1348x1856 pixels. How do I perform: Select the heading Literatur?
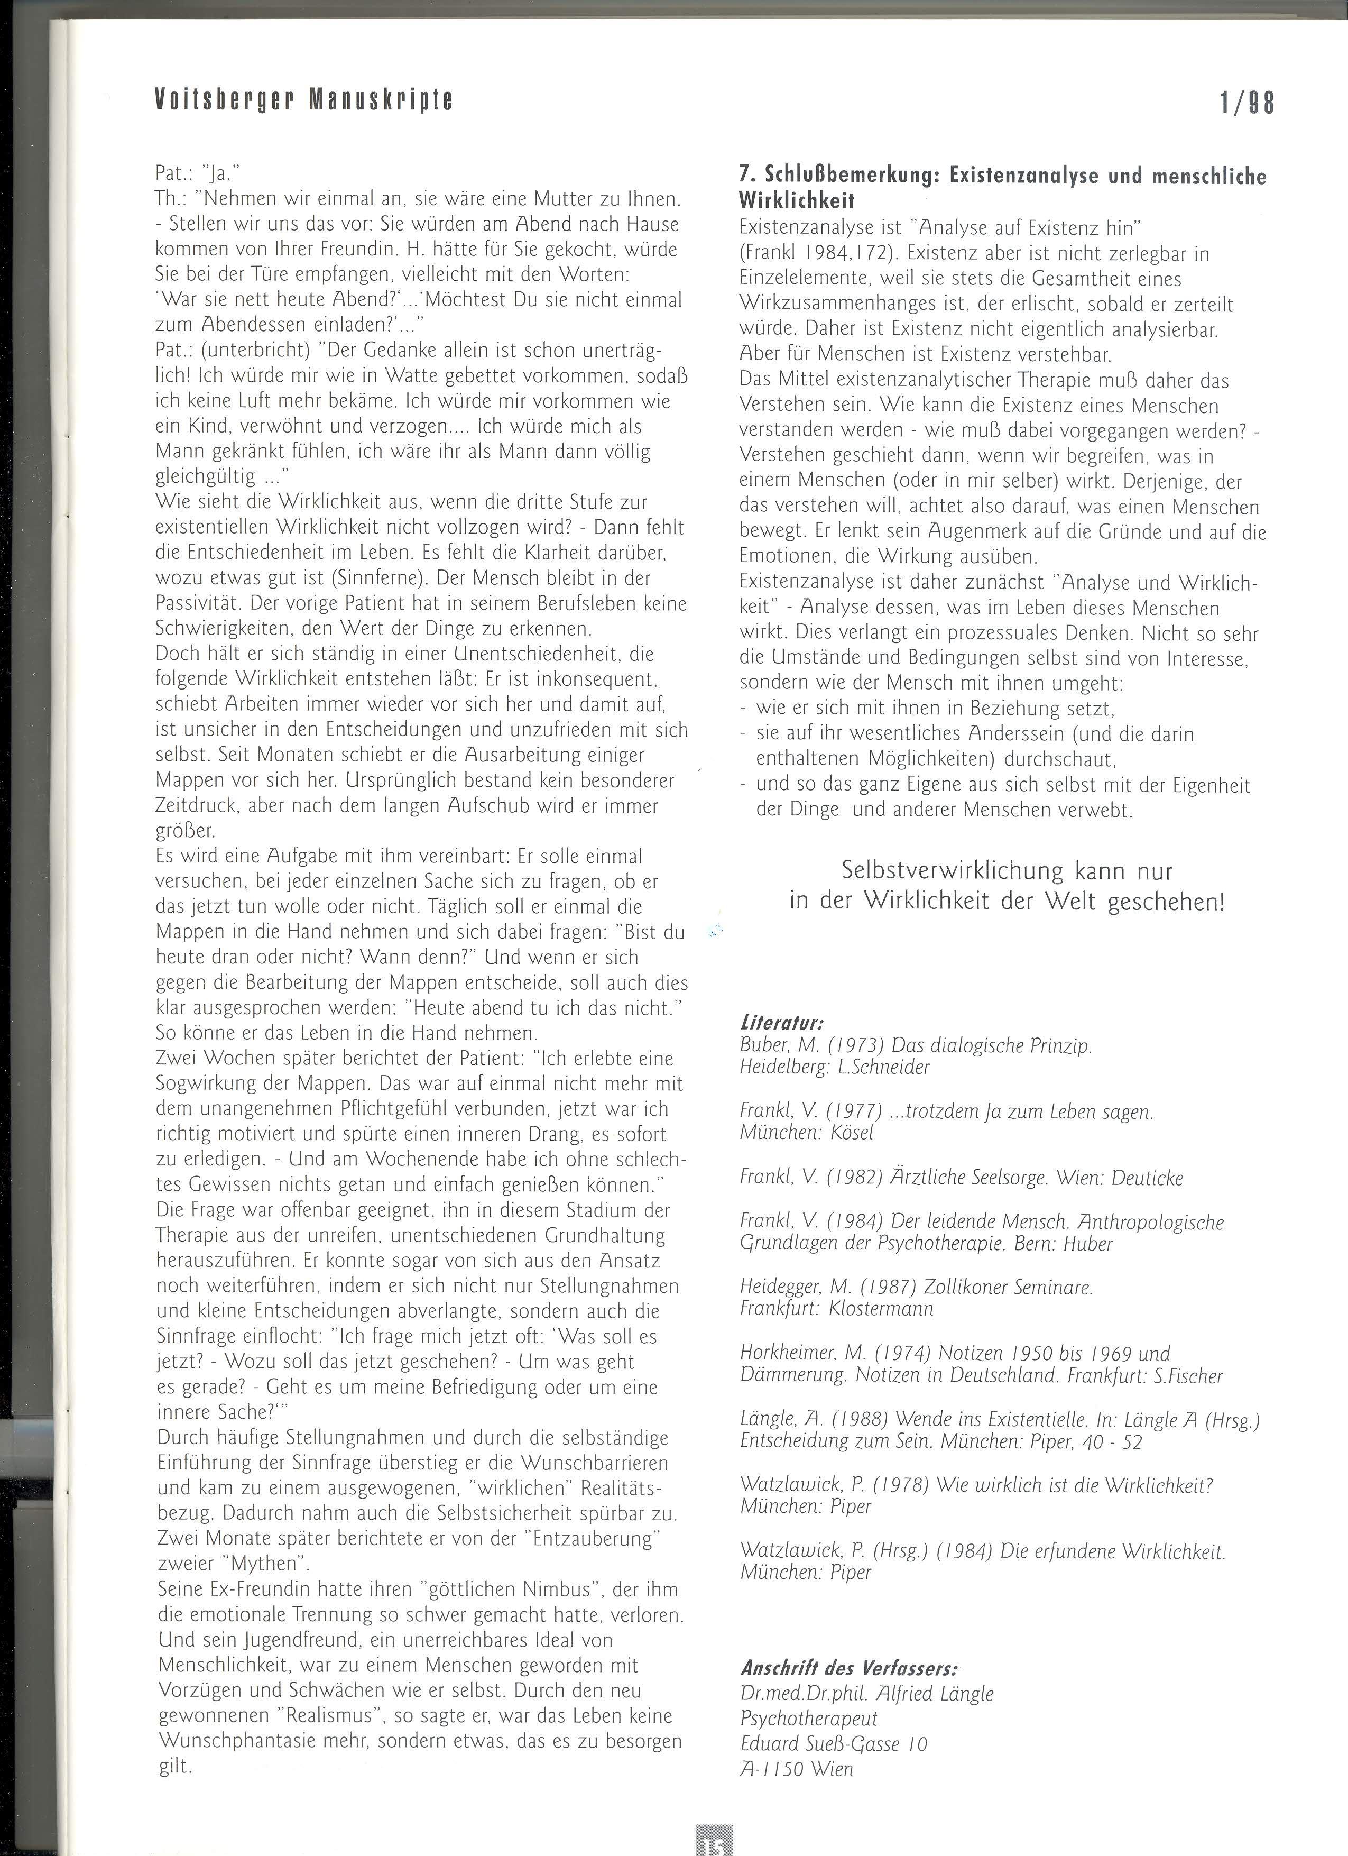click(x=781, y=1023)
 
